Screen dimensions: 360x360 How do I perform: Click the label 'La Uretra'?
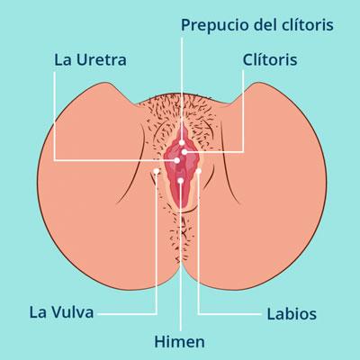[x=89, y=61]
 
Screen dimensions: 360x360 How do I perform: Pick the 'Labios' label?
[x=292, y=315]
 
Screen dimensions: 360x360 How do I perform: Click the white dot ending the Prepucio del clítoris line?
[x=181, y=142]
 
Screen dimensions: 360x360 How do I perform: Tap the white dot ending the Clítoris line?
[x=184, y=152]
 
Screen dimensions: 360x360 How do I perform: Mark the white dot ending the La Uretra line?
[x=177, y=160]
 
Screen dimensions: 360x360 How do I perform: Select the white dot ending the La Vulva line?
[x=157, y=171]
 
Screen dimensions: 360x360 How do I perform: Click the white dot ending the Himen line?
[x=181, y=181]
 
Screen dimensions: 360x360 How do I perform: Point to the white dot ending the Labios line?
[x=198, y=170]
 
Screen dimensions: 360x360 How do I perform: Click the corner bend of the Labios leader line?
[x=198, y=314]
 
